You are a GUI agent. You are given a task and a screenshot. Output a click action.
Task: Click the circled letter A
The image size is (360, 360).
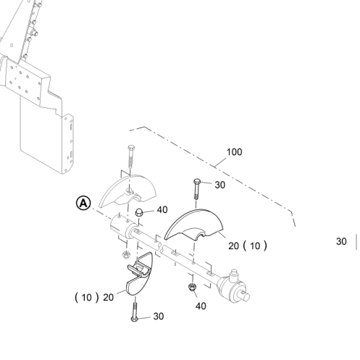coord(83,204)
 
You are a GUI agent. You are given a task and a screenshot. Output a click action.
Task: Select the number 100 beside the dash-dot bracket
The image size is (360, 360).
coord(234,152)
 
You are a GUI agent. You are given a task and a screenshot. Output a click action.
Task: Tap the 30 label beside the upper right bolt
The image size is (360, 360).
coord(220,185)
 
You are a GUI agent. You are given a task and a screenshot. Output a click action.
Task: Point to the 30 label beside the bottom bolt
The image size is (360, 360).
coord(159,317)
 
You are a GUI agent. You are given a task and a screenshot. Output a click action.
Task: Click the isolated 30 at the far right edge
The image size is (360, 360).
coord(341,241)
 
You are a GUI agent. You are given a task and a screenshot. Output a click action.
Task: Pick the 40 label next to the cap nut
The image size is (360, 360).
coord(162,210)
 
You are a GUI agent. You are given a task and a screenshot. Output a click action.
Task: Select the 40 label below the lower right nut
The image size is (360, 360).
coord(201,306)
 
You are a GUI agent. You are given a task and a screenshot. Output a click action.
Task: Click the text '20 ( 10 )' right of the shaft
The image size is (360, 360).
coord(248,246)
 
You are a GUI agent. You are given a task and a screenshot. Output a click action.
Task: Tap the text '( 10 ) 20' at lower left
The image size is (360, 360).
coord(94,297)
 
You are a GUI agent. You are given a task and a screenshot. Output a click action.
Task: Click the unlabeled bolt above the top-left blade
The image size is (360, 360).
coord(131,156)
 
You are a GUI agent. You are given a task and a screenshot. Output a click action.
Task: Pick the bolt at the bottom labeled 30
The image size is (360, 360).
coord(135,312)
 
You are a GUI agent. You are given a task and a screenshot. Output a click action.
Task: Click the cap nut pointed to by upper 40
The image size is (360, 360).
coord(138,212)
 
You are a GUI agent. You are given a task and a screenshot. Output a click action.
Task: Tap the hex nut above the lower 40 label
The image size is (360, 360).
coord(192,287)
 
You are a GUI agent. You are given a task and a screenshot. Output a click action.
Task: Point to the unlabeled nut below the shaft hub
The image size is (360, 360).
coord(125,254)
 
